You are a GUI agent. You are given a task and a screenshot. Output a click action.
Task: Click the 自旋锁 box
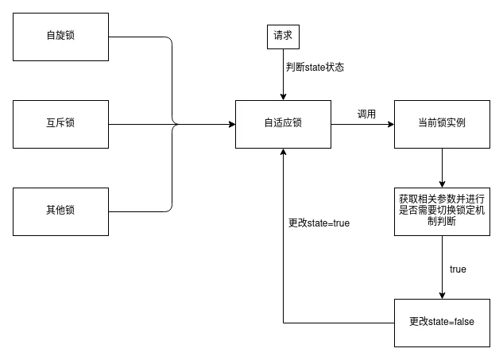point(60,36)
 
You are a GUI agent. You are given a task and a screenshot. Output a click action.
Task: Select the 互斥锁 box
point(60,123)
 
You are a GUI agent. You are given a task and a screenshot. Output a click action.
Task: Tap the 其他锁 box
point(60,211)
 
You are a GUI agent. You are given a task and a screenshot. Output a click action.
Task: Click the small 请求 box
point(283,36)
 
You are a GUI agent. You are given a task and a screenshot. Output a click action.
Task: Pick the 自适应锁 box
point(283,123)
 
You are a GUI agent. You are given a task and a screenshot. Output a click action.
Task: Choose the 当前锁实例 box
point(442,123)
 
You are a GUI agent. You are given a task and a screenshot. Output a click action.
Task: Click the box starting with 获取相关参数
point(442,211)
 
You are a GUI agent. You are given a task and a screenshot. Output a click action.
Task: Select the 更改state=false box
point(442,322)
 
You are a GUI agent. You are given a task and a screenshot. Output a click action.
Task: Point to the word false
point(465,322)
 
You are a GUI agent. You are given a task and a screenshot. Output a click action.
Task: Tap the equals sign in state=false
point(453,322)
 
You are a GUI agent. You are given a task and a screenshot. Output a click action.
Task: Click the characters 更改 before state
point(419,322)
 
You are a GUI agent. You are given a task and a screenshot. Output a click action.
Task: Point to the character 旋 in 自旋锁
point(60,36)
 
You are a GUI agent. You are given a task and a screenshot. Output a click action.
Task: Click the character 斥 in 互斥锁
point(60,123)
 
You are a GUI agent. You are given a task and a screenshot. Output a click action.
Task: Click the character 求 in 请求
point(288,36)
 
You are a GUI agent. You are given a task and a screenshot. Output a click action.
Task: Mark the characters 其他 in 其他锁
point(56,211)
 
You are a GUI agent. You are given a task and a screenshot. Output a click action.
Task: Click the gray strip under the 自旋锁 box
point(60,61)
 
